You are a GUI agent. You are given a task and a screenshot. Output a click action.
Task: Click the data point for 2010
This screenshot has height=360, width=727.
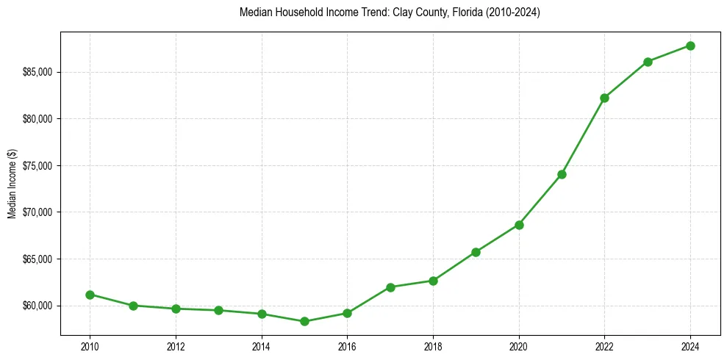90,295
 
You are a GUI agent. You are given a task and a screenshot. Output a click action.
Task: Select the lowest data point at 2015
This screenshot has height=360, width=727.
304,321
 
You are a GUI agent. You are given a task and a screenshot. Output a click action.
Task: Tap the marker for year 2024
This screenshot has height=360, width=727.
690,46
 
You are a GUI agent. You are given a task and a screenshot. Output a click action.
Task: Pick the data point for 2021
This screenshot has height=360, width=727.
562,174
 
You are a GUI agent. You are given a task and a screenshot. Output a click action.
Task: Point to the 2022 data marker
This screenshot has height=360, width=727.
604,98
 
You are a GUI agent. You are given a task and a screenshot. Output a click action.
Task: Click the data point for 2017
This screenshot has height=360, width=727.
390,287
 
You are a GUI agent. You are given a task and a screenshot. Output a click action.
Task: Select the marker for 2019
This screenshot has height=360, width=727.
476,252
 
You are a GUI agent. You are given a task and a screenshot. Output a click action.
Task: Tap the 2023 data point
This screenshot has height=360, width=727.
648,62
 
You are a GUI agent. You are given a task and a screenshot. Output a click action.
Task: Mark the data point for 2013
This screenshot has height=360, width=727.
218,310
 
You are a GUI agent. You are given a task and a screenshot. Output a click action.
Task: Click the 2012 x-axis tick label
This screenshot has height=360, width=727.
176,346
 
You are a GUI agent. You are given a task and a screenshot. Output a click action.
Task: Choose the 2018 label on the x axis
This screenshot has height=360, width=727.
433,346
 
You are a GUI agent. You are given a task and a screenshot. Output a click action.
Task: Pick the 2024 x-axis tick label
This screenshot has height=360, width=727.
690,346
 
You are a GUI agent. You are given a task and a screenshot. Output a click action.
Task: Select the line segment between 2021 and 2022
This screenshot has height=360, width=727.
583,136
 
